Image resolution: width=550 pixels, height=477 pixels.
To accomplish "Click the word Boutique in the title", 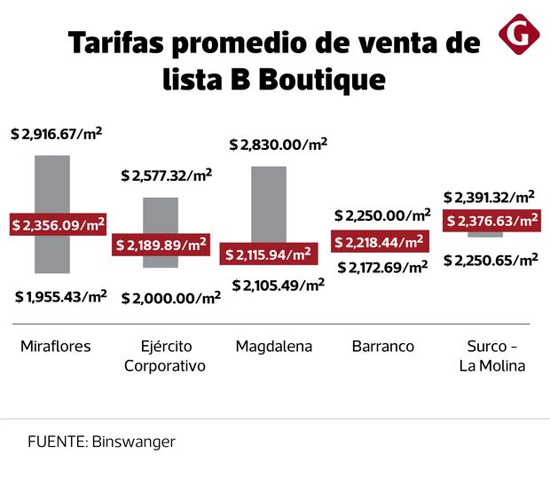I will click(323, 79).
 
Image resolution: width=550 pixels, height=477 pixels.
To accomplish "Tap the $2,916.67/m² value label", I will click(56, 134).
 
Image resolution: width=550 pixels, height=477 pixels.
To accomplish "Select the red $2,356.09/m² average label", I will click(58, 225).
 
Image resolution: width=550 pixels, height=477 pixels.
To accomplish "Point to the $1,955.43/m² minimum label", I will click(60, 296).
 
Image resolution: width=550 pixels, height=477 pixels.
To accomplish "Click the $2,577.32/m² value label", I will click(166, 176).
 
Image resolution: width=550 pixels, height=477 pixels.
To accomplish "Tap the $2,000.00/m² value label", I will click(170, 298).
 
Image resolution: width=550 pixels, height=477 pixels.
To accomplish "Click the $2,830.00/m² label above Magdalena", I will click(278, 144).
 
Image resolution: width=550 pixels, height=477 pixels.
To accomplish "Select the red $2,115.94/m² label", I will click(268, 255).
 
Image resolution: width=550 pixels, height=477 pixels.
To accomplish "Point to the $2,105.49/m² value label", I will click(278, 285).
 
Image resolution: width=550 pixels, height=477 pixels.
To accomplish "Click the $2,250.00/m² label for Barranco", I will click(381, 215).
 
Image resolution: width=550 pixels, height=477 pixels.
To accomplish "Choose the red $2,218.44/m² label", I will click(379, 241).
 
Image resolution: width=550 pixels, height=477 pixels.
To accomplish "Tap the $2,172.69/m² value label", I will click(381, 266).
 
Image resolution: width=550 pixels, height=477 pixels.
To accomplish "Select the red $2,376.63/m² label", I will click(491, 221).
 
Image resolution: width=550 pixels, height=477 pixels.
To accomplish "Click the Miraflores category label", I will click(55, 347).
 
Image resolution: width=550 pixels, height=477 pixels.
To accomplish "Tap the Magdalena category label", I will click(273, 347).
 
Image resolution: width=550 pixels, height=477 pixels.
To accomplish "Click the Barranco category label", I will click(382, 347).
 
